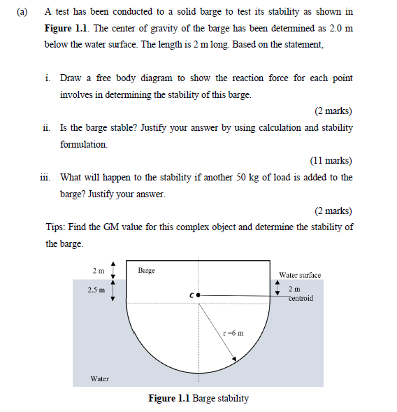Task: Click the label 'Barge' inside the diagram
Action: (146, 270)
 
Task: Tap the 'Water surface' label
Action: (300, 275)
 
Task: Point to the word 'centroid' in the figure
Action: (301, 298)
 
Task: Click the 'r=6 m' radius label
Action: (233, 333)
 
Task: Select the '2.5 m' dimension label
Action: (97, 290)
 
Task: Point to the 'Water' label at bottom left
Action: (100, 378)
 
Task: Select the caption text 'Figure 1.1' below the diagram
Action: (169, 399)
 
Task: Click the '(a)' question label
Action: (22, 12)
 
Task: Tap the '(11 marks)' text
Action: (331, 160)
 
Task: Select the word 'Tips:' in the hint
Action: (56, 227)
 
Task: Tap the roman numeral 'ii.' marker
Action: (46, 128)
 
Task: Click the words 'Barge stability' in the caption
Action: (220, 399)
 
